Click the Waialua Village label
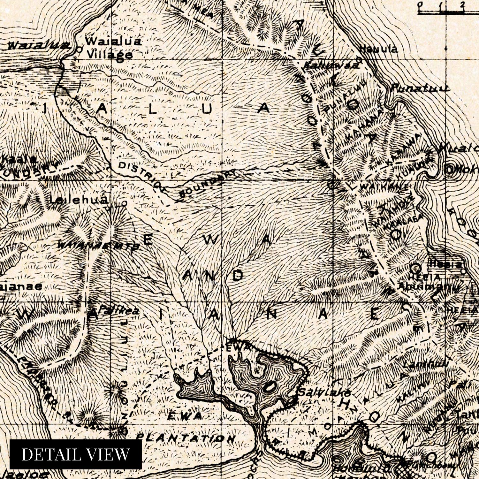point(113,48)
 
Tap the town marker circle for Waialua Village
point(79,50)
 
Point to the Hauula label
point(379,49)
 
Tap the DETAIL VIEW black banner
point(76,454)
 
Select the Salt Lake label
point(324,392)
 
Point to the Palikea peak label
point(118,311)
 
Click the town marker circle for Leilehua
point(124,203)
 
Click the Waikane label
point(384,186)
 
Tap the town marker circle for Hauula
point(359,59)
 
